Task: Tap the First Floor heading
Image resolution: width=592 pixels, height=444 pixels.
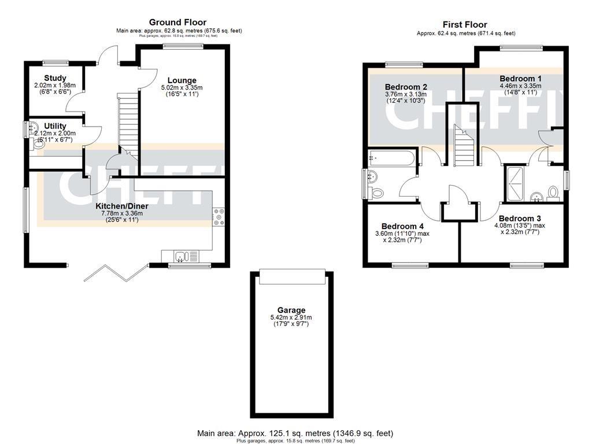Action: point(464,24)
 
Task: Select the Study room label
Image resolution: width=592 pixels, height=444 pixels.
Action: point(55,78)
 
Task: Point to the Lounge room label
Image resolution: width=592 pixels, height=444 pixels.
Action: point(182,80)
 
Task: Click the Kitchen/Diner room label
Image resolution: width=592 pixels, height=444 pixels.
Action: point(121,206)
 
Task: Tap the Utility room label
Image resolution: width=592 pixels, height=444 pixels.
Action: point(55,126)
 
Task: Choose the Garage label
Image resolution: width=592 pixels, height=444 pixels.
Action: point(291,310)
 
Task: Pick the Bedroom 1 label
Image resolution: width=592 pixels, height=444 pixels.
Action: point(520,79)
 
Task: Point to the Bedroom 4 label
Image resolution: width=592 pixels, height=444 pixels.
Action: point(402,226)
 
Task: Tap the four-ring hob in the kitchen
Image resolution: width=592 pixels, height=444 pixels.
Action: point(219,217)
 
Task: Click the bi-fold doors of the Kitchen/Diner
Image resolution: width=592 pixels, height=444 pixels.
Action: point(116,272)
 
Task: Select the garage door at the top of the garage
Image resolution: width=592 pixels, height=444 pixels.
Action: point(291,277)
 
